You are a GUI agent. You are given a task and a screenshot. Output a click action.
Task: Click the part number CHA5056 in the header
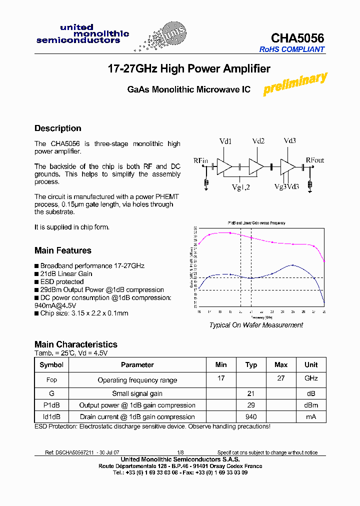(297, 38)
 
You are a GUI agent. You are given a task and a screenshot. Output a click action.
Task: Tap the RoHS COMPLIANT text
(292, 49)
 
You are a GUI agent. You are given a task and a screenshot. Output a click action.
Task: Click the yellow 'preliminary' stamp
(295, 83)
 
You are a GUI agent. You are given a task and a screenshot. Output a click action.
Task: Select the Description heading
(57, 128)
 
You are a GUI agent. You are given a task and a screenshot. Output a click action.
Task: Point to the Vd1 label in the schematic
(225, 141)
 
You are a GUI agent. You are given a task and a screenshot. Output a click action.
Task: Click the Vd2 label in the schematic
(258, 141)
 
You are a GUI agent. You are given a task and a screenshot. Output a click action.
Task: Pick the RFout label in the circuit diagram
(315, 160)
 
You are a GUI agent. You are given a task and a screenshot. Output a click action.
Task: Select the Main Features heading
(63, 250)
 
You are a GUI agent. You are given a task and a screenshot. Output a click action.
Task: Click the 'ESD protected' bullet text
(62, 282)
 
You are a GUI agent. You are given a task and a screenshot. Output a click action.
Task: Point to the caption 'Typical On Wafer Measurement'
(256, 325)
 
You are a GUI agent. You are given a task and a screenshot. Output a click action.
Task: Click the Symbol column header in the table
(51, 365)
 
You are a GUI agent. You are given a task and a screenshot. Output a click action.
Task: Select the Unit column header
(311, 365)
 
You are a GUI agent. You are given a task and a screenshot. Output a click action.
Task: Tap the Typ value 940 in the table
(251, 417)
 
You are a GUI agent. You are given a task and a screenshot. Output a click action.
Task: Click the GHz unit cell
(311, 378)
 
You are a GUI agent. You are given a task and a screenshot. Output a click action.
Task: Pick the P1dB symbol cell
(51, 405)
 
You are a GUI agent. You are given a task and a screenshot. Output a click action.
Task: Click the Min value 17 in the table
(221, 378)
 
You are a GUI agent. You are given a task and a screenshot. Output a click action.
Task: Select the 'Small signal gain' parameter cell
(137, 394)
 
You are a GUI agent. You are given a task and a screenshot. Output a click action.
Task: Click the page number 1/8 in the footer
(180, 452)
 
